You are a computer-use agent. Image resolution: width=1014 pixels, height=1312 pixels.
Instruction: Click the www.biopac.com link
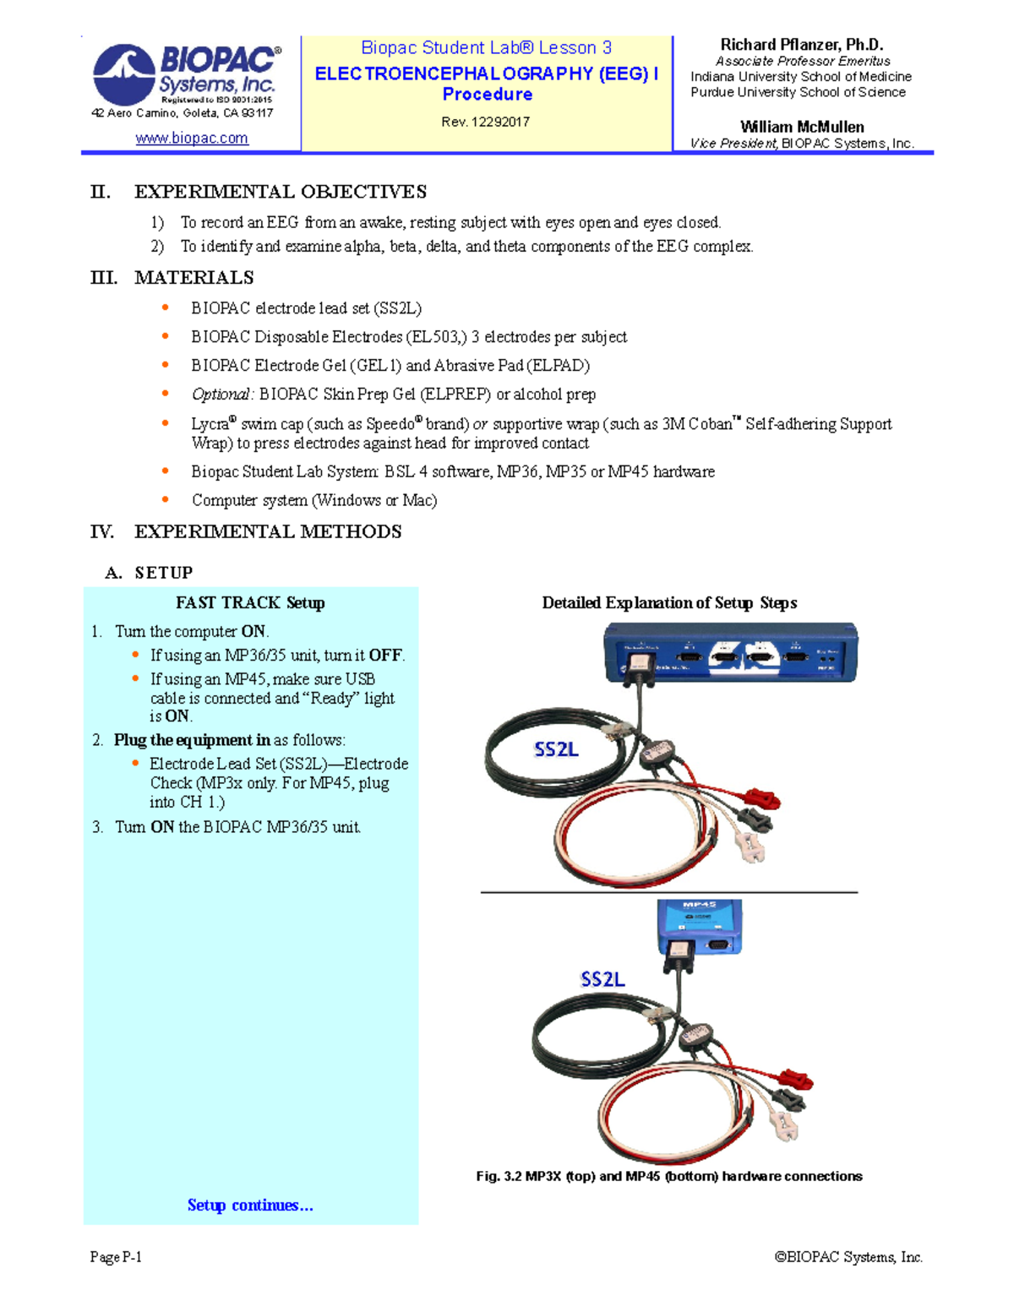[192, 138]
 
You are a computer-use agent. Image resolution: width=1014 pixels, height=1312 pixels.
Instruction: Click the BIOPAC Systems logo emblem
[124, 74]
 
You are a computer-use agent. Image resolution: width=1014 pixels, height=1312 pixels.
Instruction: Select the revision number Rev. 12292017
[485, 122]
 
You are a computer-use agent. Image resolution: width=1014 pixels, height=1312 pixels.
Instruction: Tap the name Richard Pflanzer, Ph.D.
[801, 45]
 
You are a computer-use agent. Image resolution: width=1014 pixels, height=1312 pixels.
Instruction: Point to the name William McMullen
[801, 127]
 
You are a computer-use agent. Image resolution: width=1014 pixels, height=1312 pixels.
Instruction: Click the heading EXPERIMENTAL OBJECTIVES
[280, 192]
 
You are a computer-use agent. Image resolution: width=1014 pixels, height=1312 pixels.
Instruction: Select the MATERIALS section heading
[194, 278]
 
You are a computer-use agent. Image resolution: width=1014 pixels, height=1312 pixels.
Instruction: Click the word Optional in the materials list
[221, 395]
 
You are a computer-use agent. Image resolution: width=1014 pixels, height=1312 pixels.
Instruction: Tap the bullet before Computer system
[166, 500]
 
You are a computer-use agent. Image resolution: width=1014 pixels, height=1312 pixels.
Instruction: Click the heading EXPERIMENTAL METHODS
[268, 532]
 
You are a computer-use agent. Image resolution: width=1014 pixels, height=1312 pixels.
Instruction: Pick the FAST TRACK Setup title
[250, 603]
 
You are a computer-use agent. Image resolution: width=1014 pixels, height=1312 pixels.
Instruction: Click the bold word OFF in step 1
[385, 656]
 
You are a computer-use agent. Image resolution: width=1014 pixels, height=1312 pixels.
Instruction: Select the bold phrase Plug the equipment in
[192, 740]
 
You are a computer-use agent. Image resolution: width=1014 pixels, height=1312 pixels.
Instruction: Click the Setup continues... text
[250, 1206]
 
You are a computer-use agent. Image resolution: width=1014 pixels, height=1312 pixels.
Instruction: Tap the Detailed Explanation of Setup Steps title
[669, 603]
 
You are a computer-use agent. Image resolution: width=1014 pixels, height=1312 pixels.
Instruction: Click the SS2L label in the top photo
[556, 749]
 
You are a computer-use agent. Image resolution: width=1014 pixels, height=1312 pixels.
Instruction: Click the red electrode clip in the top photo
[760, 798]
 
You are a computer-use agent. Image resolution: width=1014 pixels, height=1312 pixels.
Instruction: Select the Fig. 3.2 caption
[668, 1176]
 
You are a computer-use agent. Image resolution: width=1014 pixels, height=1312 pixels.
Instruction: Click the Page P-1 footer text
[116, 1257]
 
